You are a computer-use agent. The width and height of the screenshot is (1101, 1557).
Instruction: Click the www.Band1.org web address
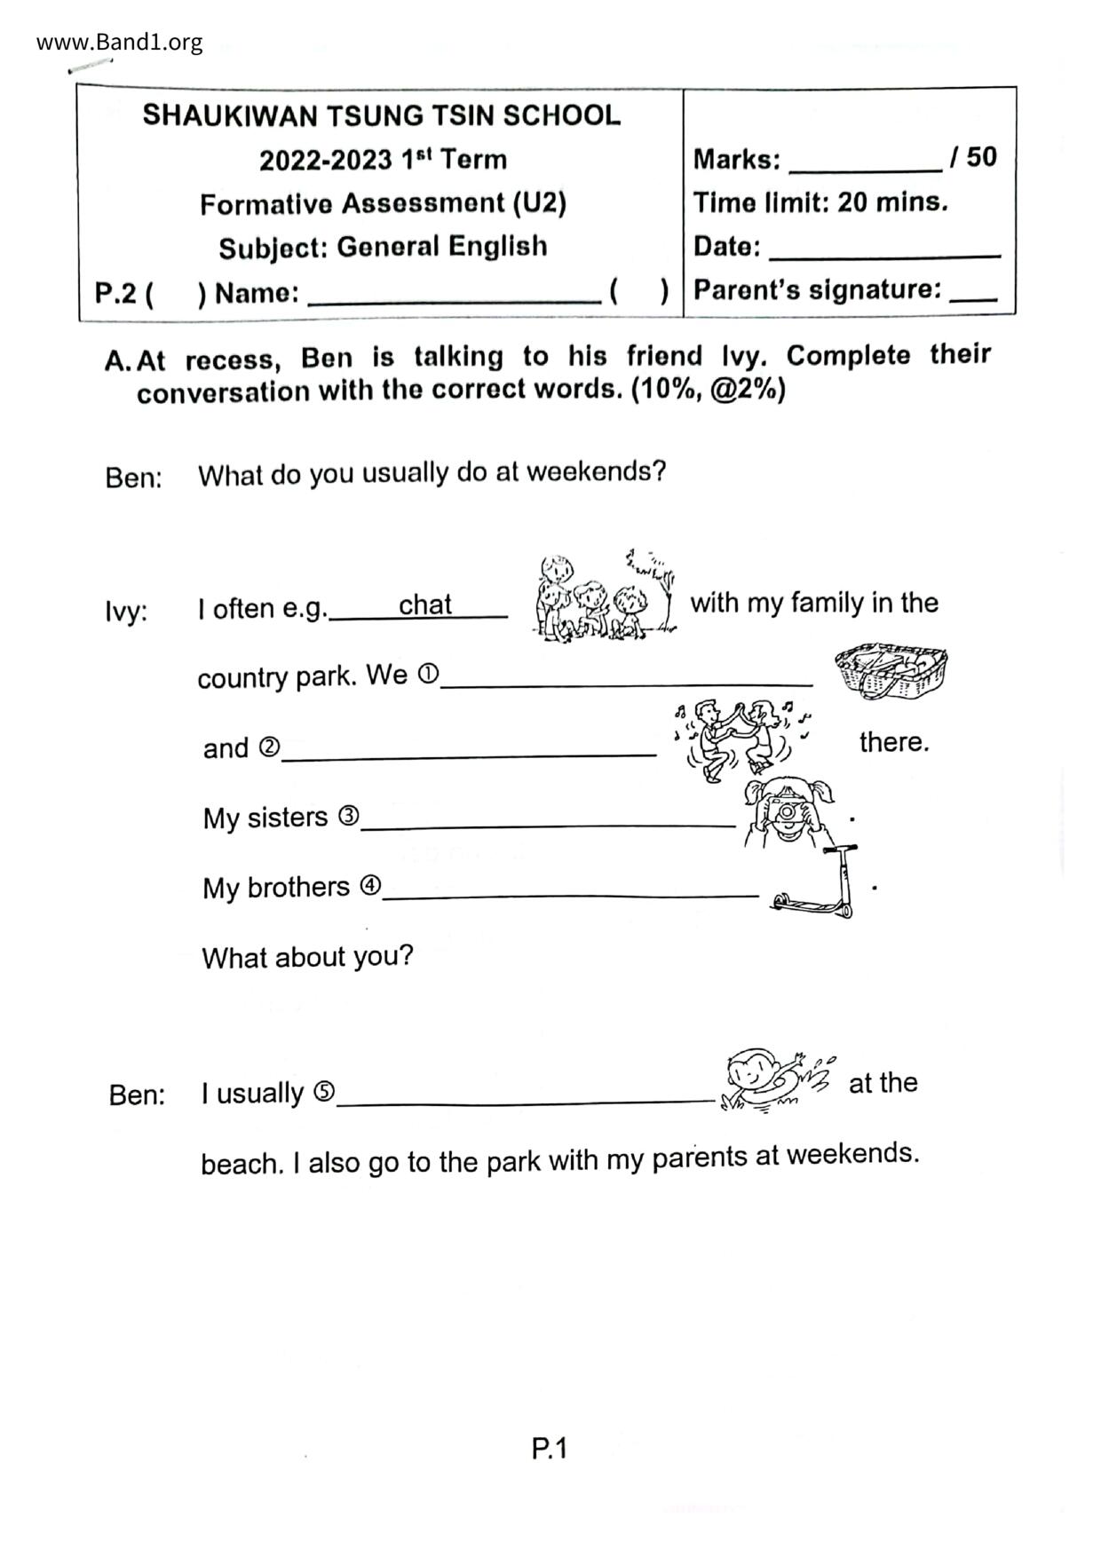[119, 42]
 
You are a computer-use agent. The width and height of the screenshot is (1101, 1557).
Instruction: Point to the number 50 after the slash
[981, 157]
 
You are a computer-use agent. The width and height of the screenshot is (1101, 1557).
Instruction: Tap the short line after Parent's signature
[973, 296]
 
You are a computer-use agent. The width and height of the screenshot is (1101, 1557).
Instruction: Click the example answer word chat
[424, 605]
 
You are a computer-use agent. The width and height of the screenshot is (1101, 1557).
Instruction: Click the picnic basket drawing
[891, 669]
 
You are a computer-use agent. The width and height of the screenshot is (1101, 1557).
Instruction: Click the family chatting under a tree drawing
[604, 596]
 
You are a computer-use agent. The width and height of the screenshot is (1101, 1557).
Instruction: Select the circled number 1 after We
[428, 675]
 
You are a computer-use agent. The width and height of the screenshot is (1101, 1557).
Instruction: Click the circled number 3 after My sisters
[348, 815]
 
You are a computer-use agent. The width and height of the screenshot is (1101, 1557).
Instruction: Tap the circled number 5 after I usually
[324, 1092]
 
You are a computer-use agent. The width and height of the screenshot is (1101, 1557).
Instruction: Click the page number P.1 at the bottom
[549, 1449]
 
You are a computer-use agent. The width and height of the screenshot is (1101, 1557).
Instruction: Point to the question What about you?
[307, 957]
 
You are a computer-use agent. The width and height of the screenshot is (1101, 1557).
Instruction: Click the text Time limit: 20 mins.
[820, 202]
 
